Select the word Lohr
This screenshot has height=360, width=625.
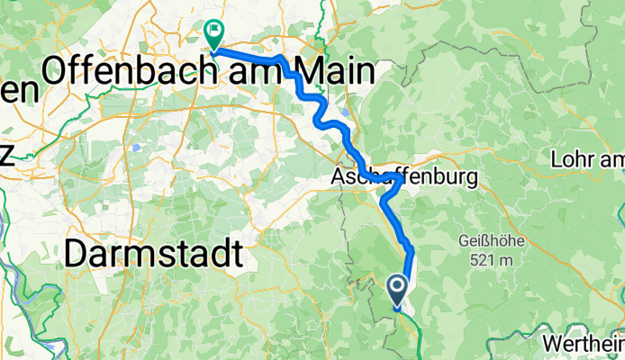pyautogui.click(x=570, y=160)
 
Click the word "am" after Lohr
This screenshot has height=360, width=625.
pyautogui.click(x=611, y=160)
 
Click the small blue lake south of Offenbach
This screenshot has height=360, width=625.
pyautogui.click(x=134, y=145)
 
